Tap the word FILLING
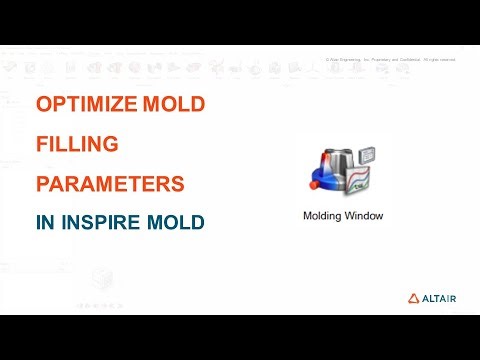pyautogui.click(x=77, y=144)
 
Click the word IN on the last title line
pyautogui.click(x=46, y=222)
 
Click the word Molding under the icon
pyautogui.click(x=325, y=215)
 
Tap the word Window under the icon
pyautogui.click(x=373, y=215)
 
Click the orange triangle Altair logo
pyautogui.click(x=414, y=297)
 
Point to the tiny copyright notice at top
pyautogui.click(x=392, y=60)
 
